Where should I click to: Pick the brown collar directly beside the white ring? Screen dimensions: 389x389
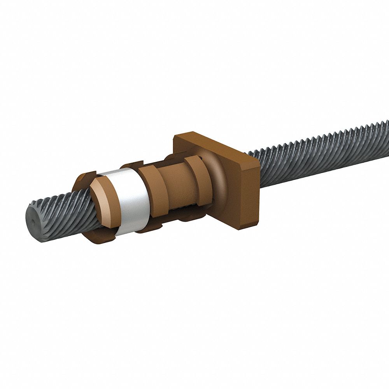coord(154,191)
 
